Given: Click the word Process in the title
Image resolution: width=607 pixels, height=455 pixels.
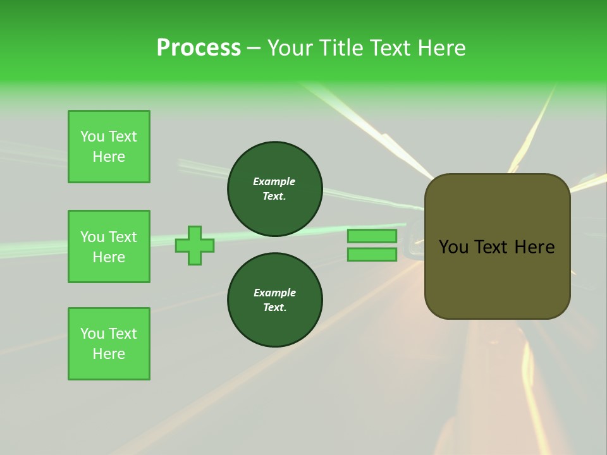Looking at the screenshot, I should pyautogui.click(x=199, y=48).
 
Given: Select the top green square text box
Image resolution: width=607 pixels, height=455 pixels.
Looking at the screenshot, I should pyautogui.click(x=109, y=147).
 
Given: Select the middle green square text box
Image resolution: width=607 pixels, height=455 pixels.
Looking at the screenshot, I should pyautogui.click(x=109, y=246).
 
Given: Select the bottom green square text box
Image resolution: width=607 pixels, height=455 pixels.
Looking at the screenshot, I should pyautogui.click(x=109, y=344).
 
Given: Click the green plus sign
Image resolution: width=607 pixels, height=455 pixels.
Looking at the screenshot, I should pyautogui.click(x=195, y=245).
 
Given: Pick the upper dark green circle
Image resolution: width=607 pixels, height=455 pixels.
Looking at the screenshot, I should pyautogui.click(x=275, y=189).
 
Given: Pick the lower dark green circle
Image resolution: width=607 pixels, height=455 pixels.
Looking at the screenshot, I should pyautogui.click(x=275, y=300).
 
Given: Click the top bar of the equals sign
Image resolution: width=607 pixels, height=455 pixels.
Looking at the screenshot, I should pyautogui.click(x=372, y=236).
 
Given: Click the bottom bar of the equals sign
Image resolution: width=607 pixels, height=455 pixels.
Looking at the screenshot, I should pyautogui.click(x=372, y=255).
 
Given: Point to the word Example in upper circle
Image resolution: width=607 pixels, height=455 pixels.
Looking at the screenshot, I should pyautogui.click(x=274, y=181).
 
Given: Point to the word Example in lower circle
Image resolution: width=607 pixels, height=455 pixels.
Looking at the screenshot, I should pyautogui.click(x=274, y=293).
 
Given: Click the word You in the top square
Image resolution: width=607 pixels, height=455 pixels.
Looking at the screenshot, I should pyautogui.click(x=92, y=136).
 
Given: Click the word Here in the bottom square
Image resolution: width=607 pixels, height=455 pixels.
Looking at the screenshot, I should pyautogui.click(x=109, y=354).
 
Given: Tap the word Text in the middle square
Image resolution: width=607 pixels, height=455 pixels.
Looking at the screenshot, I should pyautogui.click(x=123, y=237).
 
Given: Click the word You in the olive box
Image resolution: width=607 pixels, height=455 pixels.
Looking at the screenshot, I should pyautogui.click(x=453, y=247).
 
